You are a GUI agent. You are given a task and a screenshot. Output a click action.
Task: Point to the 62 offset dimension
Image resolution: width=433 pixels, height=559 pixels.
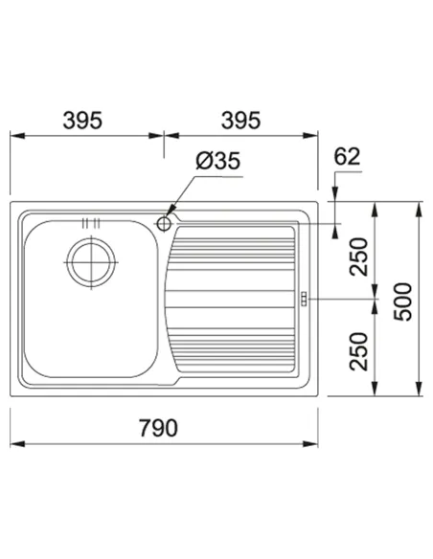[347, 157]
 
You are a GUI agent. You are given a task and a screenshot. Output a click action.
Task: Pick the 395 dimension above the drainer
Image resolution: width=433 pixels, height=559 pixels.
[241, 121]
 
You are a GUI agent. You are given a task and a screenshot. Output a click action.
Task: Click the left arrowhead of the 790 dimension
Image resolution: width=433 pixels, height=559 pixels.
[16, 444]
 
